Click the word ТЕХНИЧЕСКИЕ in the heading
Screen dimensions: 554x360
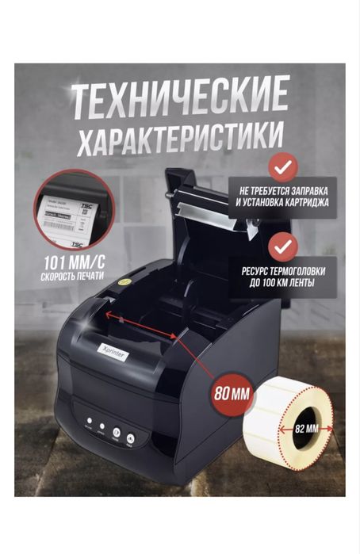point(180,101)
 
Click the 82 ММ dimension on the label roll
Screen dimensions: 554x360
point(306,428)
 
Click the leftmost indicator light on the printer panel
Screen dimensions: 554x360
point(90,422)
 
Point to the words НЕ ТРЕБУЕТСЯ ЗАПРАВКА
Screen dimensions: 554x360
point(282,191)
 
